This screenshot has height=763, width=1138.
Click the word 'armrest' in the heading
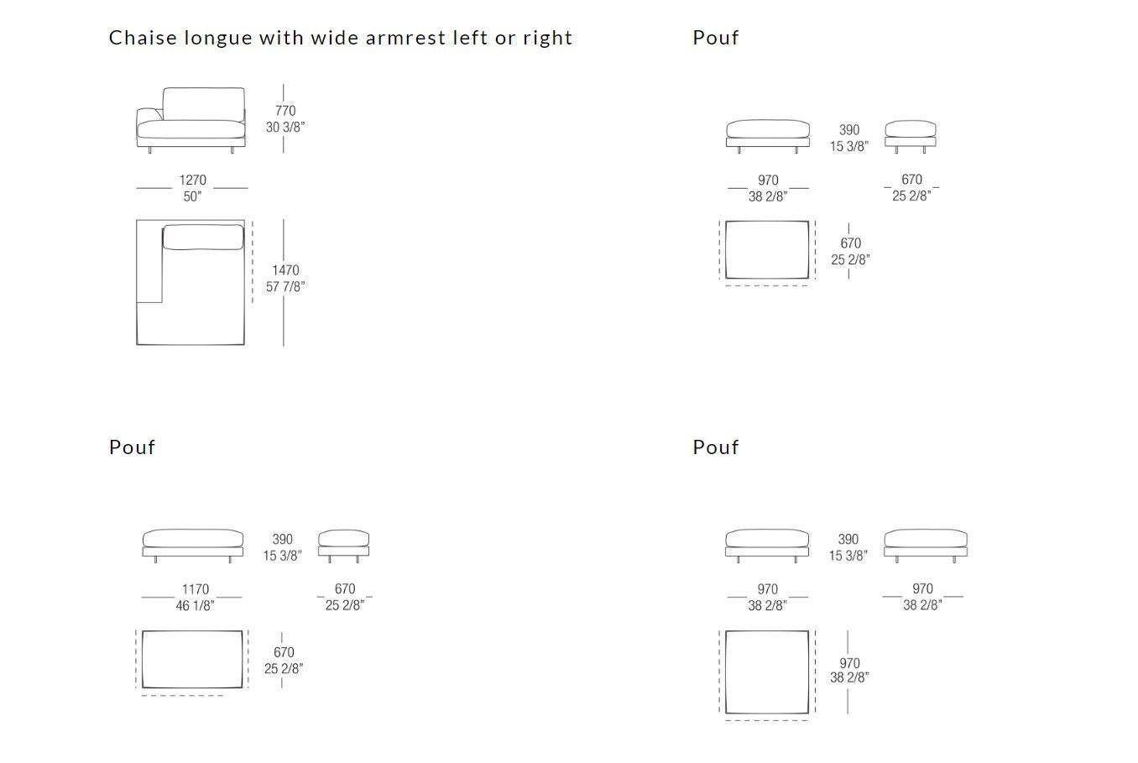point(405,38)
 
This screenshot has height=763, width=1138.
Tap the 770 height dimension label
point(285,110)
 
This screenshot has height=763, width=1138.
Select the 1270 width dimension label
point(192,180)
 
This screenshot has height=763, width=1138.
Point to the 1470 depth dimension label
point(285,269)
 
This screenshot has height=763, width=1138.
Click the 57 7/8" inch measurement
point(285,286)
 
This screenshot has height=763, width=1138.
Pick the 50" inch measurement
point(192,196)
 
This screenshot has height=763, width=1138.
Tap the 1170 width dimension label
point(196,588)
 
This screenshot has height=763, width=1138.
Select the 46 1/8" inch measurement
point(195,605)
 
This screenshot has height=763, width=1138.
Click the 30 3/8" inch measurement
point(285,127)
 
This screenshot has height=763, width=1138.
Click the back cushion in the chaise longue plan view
point(203,237)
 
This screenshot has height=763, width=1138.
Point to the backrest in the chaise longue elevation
point(203,104)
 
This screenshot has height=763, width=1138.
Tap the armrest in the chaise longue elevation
point(149,115)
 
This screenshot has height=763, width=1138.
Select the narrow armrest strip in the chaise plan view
point(149,261)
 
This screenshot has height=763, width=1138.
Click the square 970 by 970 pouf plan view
point(767,672)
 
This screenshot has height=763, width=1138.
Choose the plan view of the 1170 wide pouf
point(192,660)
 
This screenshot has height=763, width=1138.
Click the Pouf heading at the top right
point(716,38)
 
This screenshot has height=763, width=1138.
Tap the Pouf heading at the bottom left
point(132,447)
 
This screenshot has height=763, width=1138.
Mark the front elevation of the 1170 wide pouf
point(192,546)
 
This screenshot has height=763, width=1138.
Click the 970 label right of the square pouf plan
point(849,663)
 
